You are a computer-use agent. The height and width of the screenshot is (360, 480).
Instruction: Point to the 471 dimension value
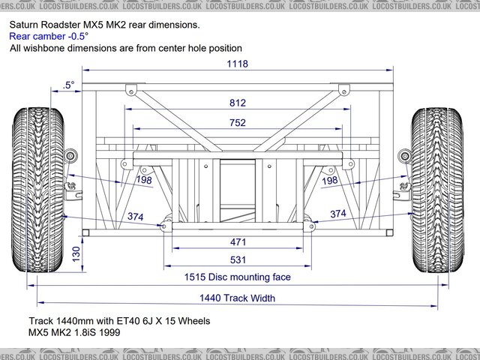(238, 241)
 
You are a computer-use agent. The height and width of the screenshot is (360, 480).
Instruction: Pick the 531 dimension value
(238, 260)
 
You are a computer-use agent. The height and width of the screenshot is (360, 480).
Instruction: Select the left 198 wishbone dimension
(145, 181)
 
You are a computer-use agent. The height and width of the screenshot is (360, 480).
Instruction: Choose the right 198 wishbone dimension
(329, 181)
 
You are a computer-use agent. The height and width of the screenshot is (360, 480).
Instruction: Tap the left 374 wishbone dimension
(136, 216)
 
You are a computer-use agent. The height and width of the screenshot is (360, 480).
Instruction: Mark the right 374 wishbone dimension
(338, 214)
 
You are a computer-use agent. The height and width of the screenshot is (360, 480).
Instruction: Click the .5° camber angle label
(69, 85)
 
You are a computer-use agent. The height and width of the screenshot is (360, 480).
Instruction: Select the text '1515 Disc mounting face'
(237, 277)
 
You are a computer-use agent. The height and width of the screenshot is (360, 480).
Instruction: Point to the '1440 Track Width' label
(237, 298)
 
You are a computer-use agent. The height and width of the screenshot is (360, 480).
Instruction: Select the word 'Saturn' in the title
(25, 25)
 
